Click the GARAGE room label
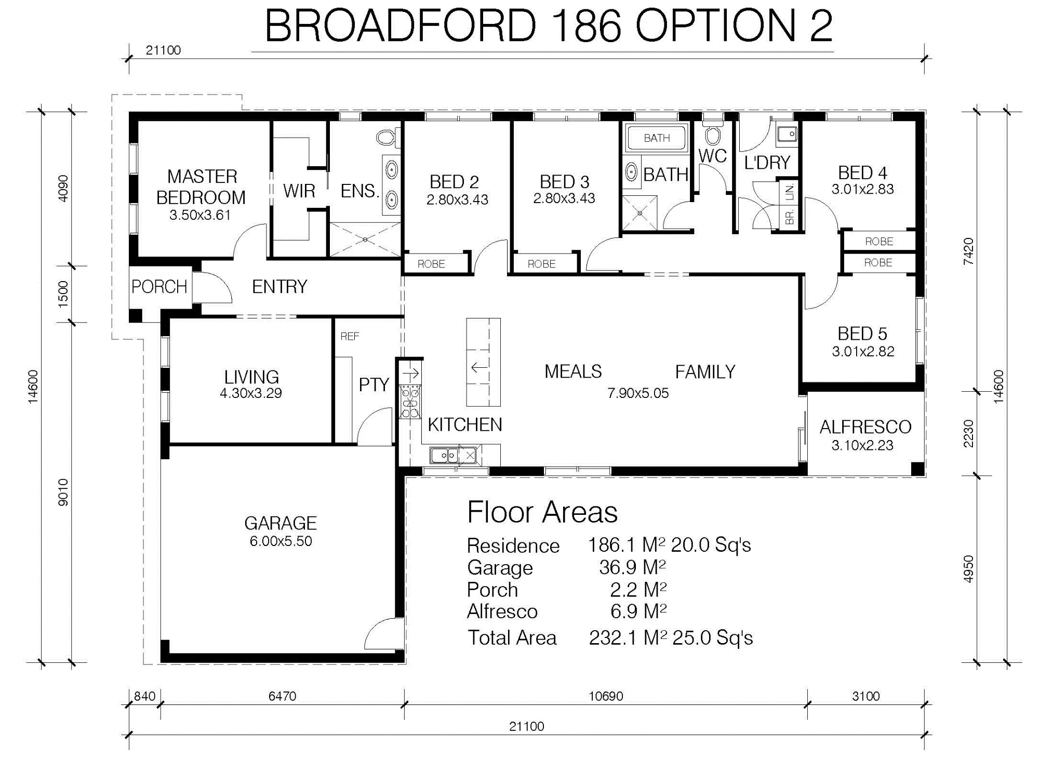point(281,523)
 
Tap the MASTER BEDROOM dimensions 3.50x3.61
point(200,215)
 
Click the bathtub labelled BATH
point(657,138)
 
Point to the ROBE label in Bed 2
point(431,264)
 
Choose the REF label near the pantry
point(350,337)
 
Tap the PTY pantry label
point(374,384)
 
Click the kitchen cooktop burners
point(410,402)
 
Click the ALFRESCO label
point(865,427)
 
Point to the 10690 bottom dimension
point(606,696)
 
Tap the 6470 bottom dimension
point(282,696)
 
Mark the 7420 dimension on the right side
point(968,251)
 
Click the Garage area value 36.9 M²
point(632,567)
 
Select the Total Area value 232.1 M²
point(628,637)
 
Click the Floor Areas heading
point(542,512)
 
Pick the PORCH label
point(159,287)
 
